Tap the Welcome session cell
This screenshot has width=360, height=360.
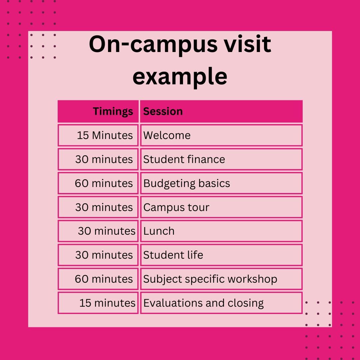point(221,135)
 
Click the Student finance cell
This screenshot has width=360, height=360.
point(221,159)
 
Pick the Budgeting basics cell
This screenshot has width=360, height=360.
point(221,183)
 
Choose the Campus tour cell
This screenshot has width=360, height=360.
point(221,207)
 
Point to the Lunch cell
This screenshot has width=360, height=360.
point(221,231)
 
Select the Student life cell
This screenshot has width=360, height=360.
point(221,255)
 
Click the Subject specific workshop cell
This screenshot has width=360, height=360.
point(221,279)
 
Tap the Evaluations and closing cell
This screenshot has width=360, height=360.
point(221,303)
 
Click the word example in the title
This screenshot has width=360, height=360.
point(180,77)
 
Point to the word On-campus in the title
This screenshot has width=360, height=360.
point(153,45)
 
